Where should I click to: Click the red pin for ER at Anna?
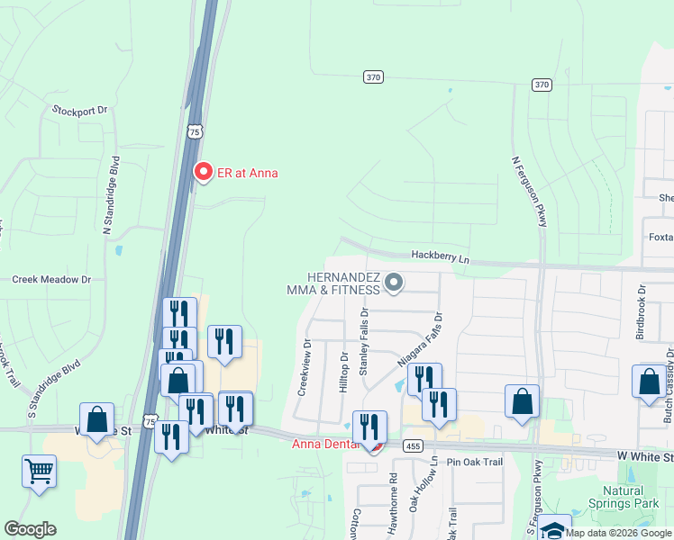pyautogui.click(x=203, y=171)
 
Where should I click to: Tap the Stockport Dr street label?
pyautogui.click(x=79, y=110)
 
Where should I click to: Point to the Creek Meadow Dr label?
pyautogui.click(x=51, y=280)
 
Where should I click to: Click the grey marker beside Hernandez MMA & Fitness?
pyautogui.click(x=393, y=283)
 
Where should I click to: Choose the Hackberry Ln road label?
pyautogui.click(x=441, y=256)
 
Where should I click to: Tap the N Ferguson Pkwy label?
pyautogui.click(x=529, y=191)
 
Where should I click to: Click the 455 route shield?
pyautogui.click(x=413, y=445)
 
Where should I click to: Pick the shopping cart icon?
pyautogui.click(x=39, y=471)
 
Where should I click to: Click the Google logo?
pyautogui.click(x=30, y=529)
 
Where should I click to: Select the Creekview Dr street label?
pyautogui.click(x=305, y=367)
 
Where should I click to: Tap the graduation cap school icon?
pyautogui.click(x=556, y=529)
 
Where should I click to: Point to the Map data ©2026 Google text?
pyautogui.click(x=616, y=533)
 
